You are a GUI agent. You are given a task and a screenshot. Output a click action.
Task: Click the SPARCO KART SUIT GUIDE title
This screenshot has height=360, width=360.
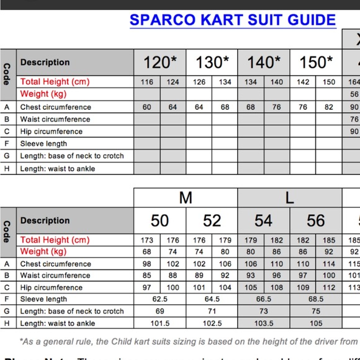pyautogui.click(x=233, y=20)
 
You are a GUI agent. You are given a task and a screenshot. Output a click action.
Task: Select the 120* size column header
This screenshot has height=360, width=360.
pyautogui.click(x=160, y=62)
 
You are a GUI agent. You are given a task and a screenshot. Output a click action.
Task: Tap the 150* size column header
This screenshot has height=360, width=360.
pyautogui.click(x=316, y=62)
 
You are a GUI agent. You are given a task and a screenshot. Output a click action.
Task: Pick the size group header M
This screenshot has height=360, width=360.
pyautogui.click(x=186, y=198)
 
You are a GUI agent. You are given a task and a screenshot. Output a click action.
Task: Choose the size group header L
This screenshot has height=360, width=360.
pyautogui.click(x=289, y=198)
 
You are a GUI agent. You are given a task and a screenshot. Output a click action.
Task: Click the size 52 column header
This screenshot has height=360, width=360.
pyautogui.click(x=212, y=220)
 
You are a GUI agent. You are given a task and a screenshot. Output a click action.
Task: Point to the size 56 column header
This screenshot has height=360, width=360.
pyautogui.click(x=315, y=220)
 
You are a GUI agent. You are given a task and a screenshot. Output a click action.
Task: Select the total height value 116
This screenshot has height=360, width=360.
pyautogui.click(x=147, y=82)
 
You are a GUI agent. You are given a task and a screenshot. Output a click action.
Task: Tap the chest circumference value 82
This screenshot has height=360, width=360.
pyautogui.click(x=329, y=107)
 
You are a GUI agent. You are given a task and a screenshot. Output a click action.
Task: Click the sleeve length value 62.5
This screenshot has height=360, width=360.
pyautogui.click(x=160, y=299)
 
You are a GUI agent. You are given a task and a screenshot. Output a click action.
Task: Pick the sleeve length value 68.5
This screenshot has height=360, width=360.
pyautogui.click(x=316, y=299)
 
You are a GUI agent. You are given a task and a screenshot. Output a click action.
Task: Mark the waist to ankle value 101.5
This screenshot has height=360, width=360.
pyautogui.click(x=160, y=323)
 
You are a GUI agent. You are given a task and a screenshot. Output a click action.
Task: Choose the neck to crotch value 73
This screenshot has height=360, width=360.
pyautogui.click(x=264, y=311)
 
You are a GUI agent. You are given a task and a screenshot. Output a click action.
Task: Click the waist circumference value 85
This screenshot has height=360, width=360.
pyautogui.click(x=147, y=276)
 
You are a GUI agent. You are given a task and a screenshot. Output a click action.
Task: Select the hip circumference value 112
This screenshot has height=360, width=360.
pyautogui.click(x=329, y=287)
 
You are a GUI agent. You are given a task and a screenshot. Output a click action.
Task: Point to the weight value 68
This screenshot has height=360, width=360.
pyautogui.click(x=147, y=252)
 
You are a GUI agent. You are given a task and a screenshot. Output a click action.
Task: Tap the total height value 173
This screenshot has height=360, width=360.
pyautogui.click(x=147, y=240)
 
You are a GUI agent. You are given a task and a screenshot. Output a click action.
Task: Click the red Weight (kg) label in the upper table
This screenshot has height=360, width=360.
pyautogui.click(x=43, y=94)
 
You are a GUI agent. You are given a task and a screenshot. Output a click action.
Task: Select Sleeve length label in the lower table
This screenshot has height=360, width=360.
pyautogui.click(x=43, y=299)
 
